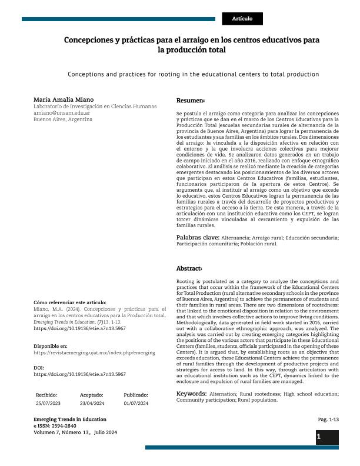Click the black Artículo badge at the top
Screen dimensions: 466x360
(242, 19)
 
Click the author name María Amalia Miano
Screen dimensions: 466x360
(64, 99)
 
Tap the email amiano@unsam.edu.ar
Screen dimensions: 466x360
(62, 112)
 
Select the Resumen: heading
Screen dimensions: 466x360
(191, 101)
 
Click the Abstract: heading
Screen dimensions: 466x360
(189, 268)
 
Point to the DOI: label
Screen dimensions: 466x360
(39, 368)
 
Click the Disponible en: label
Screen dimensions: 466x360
(51, 346)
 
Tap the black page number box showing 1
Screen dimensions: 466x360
(326, 437)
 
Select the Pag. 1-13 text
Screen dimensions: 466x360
(328, 420)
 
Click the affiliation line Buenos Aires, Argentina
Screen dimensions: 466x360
(63, 119)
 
